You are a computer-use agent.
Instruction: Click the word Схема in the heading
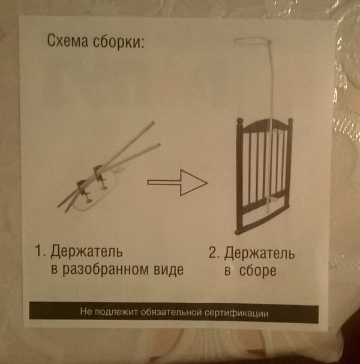tap(68, 41)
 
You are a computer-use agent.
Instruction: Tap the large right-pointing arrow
tap(178, 183)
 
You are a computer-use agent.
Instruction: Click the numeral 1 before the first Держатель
tap(39, 251)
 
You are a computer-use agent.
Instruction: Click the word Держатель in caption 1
tap(86, 252)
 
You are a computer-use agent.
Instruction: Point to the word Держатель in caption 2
tap(259, 253)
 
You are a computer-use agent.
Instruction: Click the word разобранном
tap(106, 269)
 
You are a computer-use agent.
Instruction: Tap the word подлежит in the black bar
tap(116, 312)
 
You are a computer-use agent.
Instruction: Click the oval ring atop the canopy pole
tap(253, 41)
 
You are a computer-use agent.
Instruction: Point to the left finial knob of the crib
tap(240, 121)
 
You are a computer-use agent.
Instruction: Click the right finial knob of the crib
tap(290, 121)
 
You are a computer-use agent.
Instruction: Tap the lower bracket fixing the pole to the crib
tap(273, 199)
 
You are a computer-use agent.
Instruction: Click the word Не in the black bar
tap(86, 311)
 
